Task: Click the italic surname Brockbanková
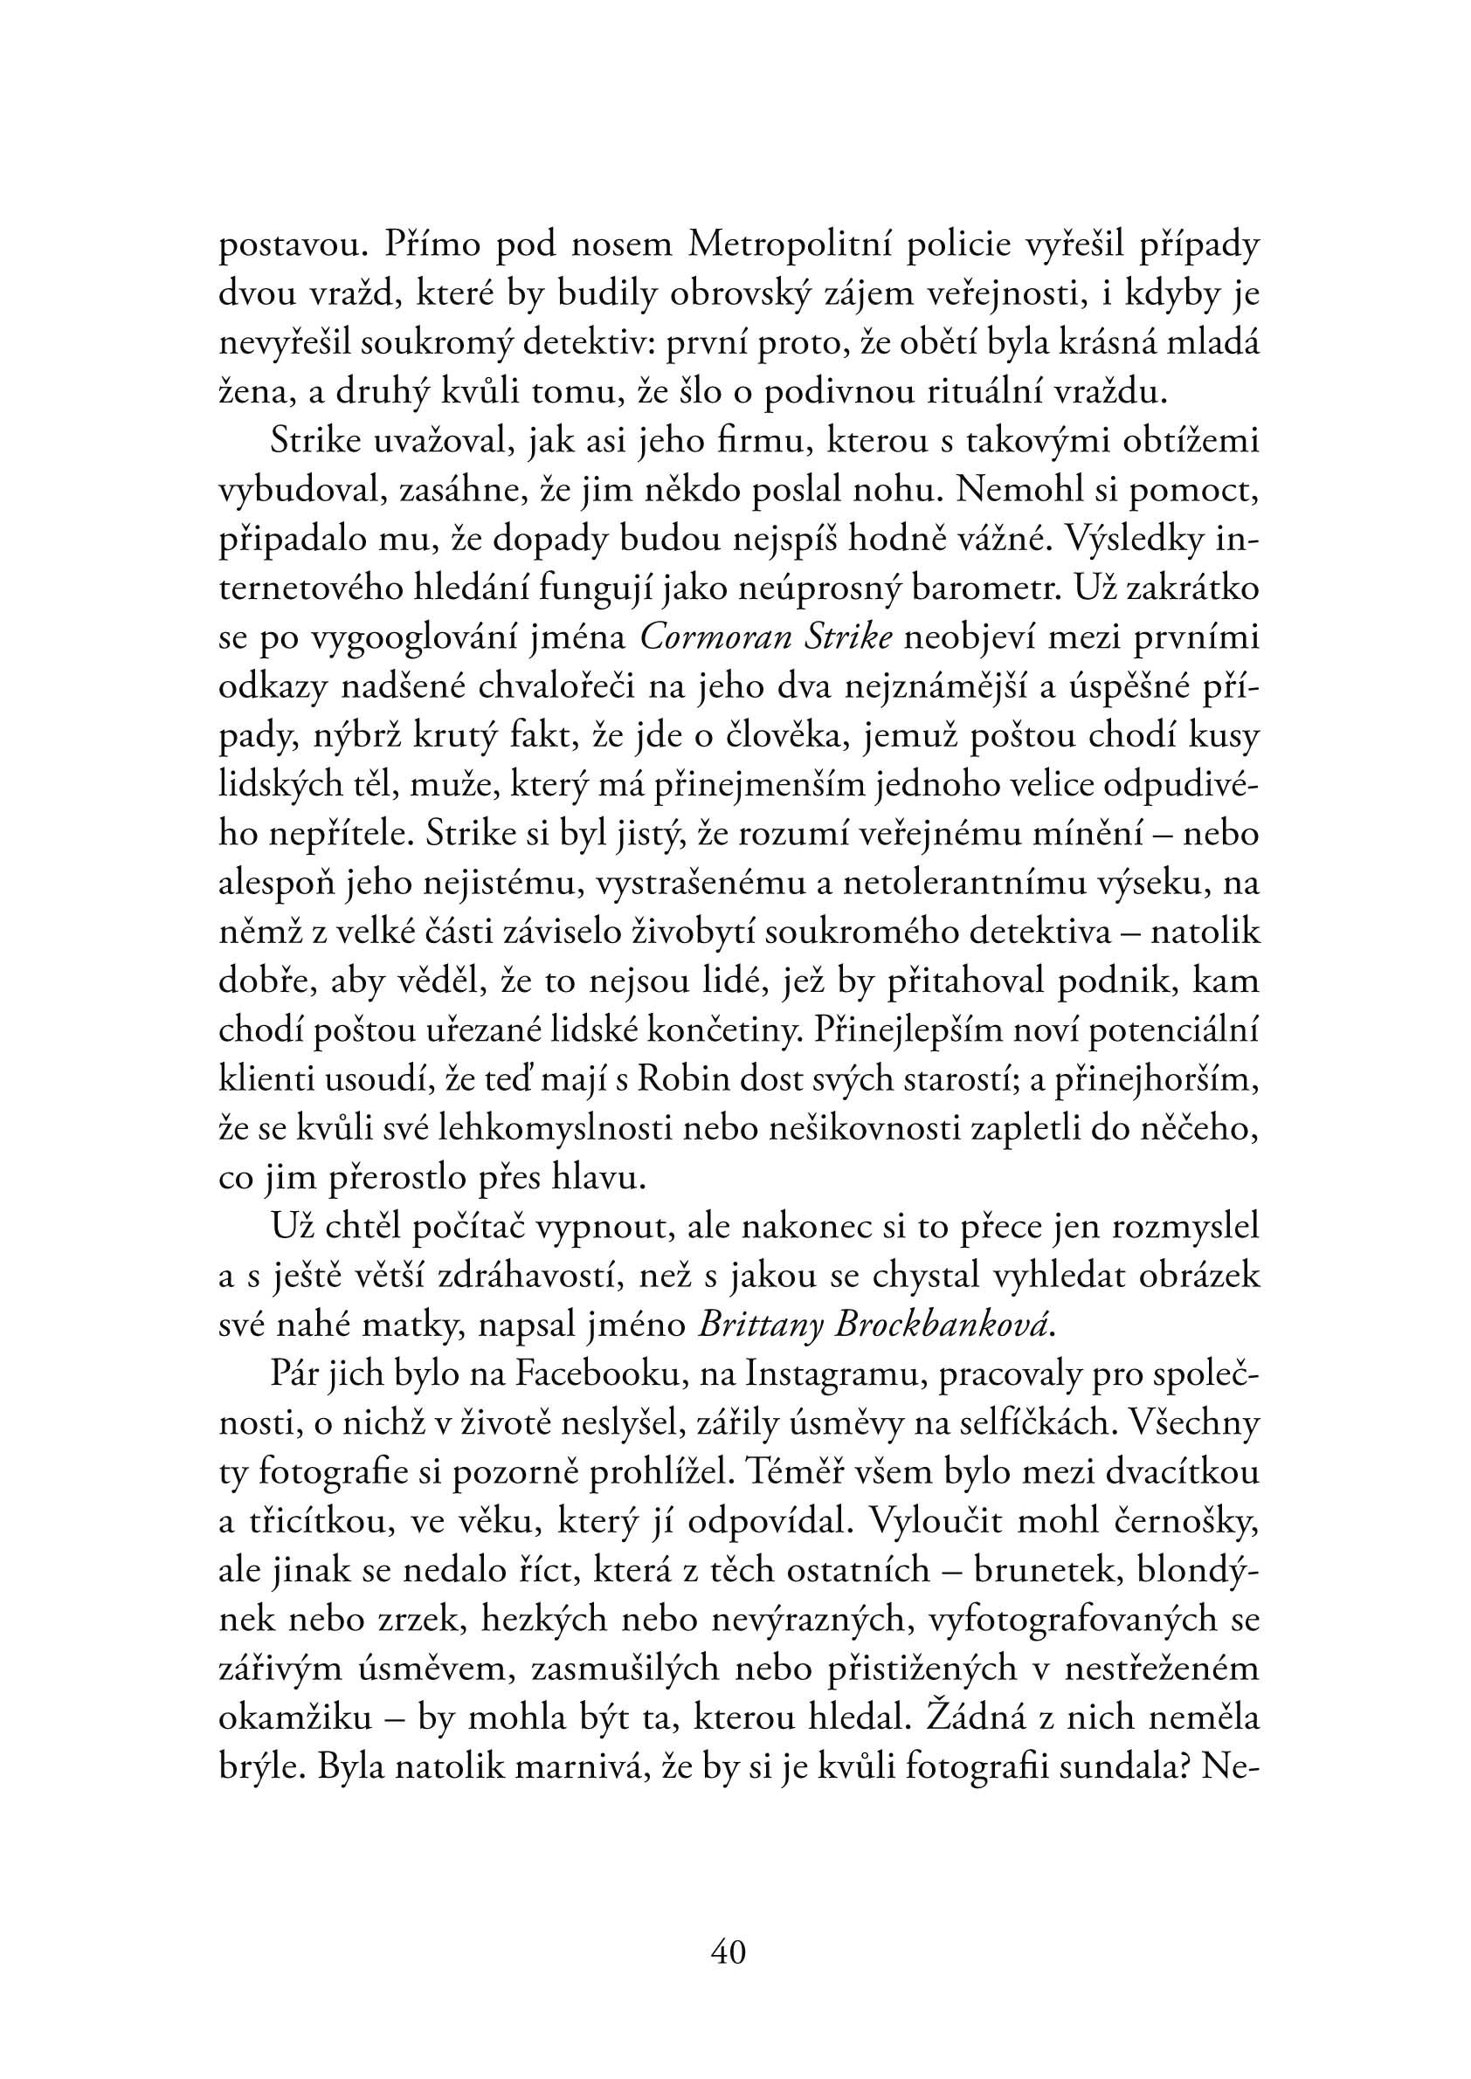point(942,1325)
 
